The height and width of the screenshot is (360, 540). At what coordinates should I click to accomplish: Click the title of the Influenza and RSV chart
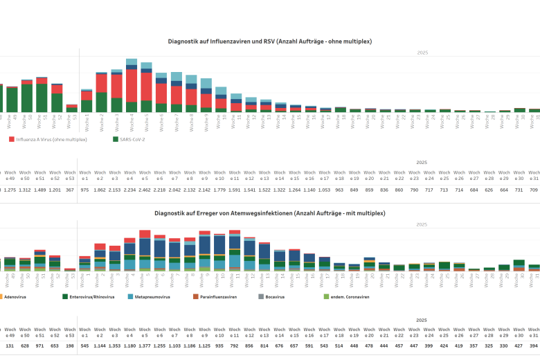coord(270,42)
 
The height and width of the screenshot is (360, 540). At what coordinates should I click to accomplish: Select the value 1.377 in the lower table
coord(145,345)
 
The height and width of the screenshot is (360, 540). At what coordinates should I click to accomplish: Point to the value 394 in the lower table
coord(534,345)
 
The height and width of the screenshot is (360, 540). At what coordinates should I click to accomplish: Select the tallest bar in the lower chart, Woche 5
coord(145,250)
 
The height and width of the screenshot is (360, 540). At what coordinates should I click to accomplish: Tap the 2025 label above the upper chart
coord(422,53)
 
